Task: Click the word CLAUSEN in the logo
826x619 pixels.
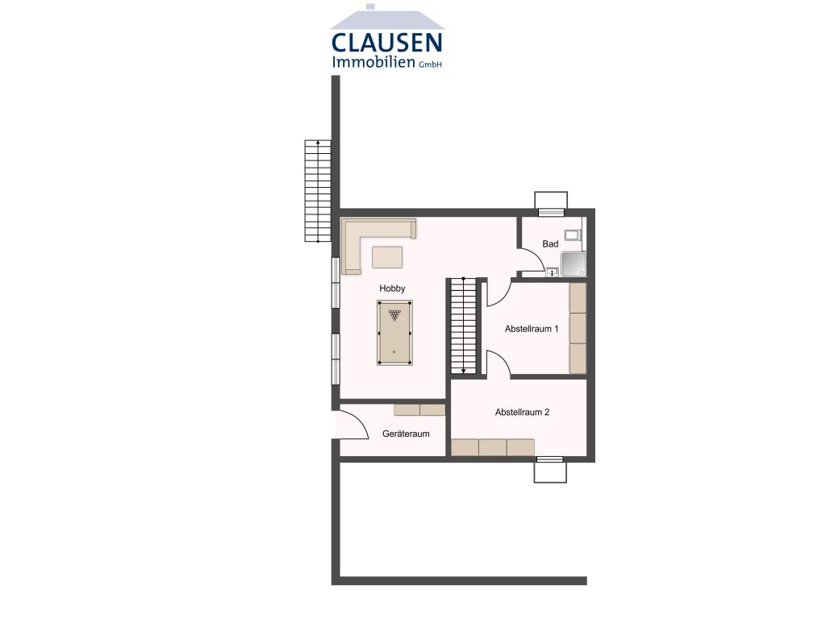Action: pyautogui.click(x=386, y=43)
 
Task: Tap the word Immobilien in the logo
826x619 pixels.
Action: pyautogui.click(x=373, y=63)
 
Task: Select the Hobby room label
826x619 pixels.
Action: pyautogui.click(x=392, y=289)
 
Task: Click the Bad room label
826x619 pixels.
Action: pyautogui.click(x=550, y=244)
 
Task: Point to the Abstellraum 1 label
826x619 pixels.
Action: pyautogui.click(x=532, y=329)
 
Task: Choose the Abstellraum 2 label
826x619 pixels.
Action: pyautogui.click(x=522, y=412)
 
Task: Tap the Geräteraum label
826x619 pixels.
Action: pyautogui.click(x=406, y=434)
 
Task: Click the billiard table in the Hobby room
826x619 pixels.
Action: pyautogui.click(x=394, y=333)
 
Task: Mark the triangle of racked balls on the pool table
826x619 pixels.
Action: pyautogui.click(x=394, y=315)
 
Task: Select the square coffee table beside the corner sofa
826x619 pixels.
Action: pyautogui.click(x=387, y=257)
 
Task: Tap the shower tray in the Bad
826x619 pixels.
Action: pyautogui.click(x=573, y=264)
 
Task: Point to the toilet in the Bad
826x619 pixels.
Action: pyautogui.click(x=572, y=235)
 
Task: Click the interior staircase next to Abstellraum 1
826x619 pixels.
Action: pyautogui.click(x=463, y=326)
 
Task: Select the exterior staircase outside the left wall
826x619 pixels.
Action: pyautogui.click(x=318, y=191)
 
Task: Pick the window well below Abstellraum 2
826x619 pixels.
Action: pyautogui.click(x=550, y=470)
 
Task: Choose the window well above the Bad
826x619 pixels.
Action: pyautogui.click(x=551, y=202)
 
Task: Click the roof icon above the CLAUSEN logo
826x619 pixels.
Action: pyautogui.click(x=387, y=19)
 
